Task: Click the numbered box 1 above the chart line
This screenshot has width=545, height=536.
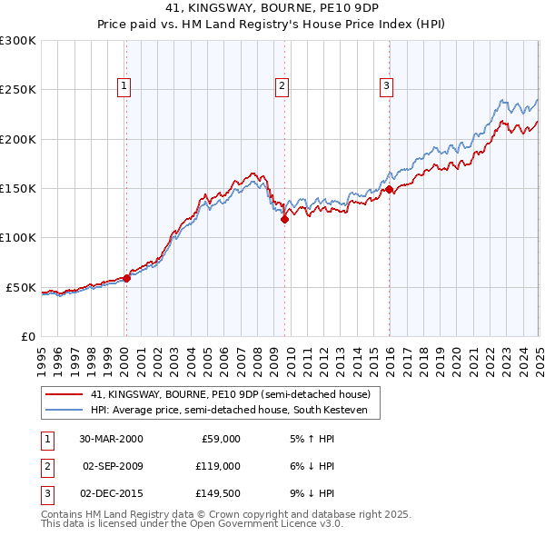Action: pos(124,86)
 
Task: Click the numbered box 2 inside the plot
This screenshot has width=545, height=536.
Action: pos(282,86)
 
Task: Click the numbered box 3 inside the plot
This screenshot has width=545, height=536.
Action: pos(386,86)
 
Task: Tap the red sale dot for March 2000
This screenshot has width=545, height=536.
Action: pos(127,279)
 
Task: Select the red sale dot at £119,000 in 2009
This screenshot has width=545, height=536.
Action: pos(284,219)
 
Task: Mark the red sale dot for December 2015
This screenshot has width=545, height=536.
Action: pos(389,189)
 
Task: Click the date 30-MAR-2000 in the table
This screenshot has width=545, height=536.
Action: pos(111,439)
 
